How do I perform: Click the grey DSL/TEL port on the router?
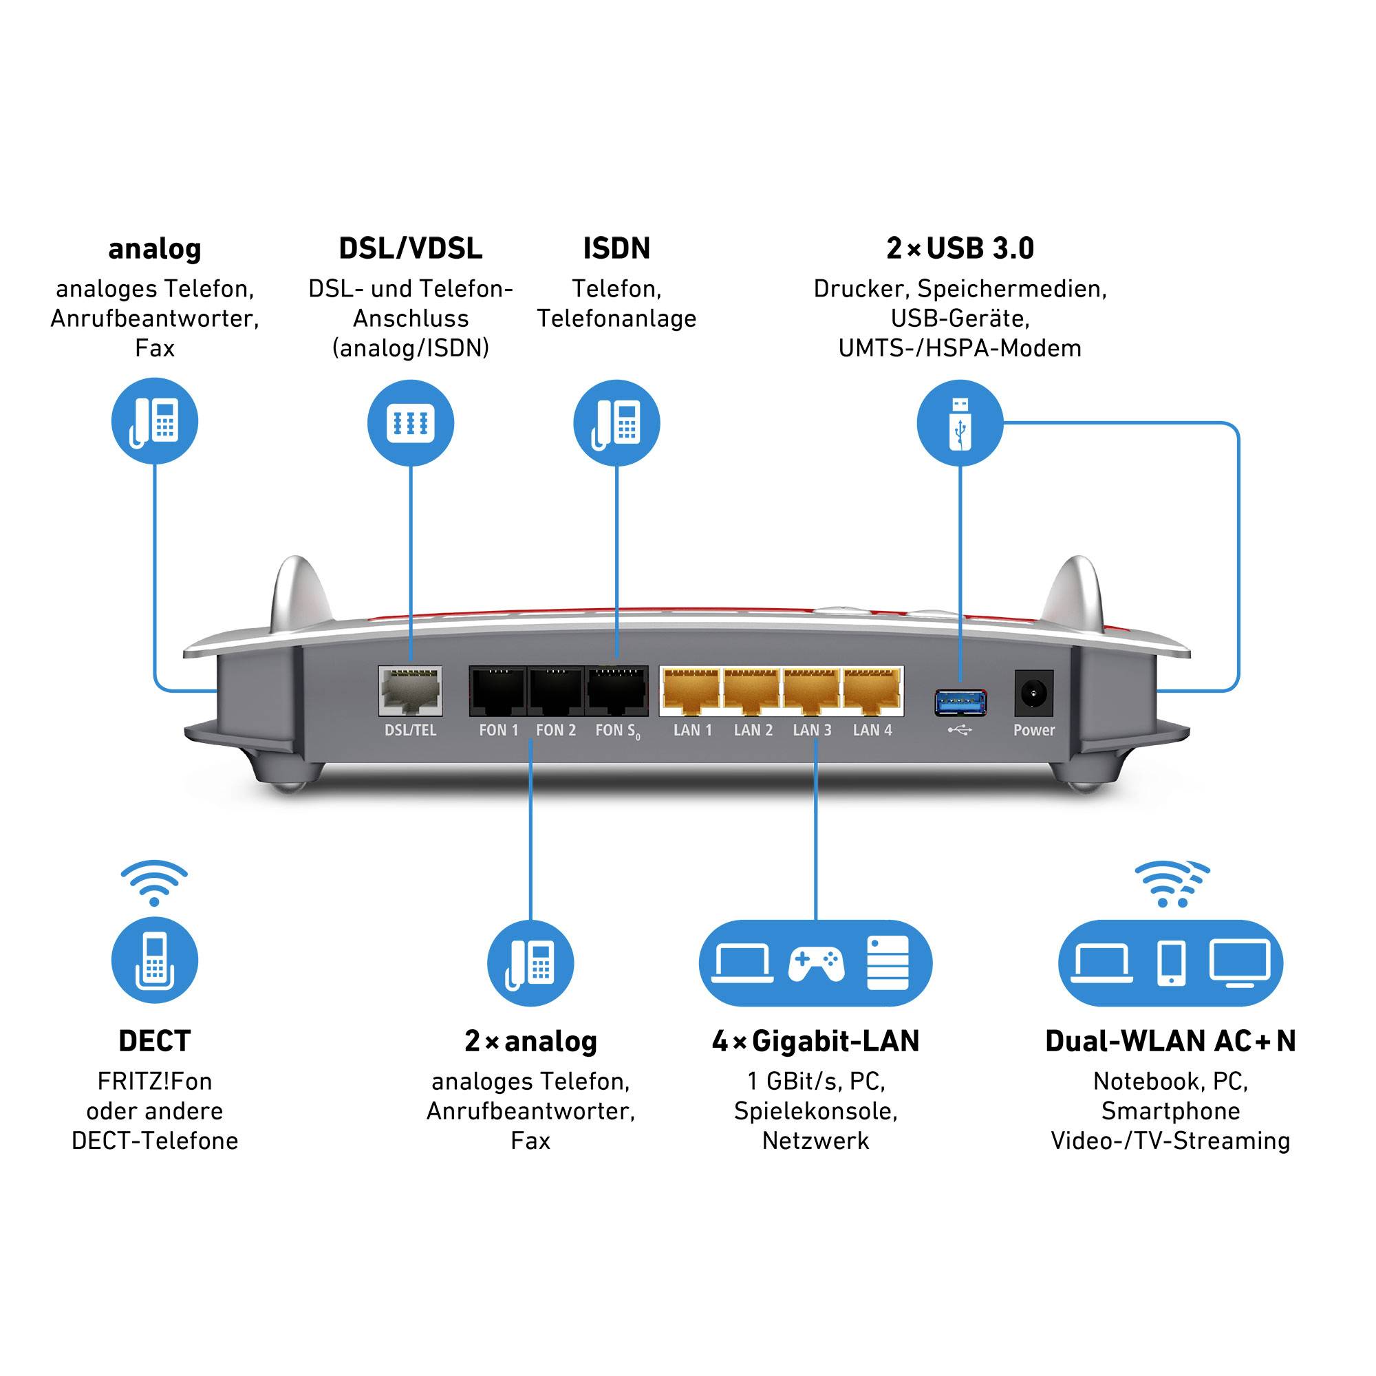(x=410, y=690)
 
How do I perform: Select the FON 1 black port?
(x=498, y=691)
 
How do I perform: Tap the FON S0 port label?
(x=616, y=731)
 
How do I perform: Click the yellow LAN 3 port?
(x=811, y=690)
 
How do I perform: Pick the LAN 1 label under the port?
(x=692, y=730)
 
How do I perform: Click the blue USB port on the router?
(x=960, y=702)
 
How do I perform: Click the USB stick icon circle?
(x=959, y=423)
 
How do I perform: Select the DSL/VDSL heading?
(x=410, y=248)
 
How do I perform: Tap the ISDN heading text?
(x=616, y=248)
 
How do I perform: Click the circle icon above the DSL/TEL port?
(x=410, y=423)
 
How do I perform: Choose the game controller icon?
(x=815, y=964)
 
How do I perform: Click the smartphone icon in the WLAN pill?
(x=1171, y=964)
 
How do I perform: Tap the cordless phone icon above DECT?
(x=155, y=960)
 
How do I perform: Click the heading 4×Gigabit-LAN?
(x=815, y=1041)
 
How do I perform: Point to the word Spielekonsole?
(x=815, y=1111)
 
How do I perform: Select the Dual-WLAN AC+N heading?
(x=1170, y=1041)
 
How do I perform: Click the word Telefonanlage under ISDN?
(x=616, y=319)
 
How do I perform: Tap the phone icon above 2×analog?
(x=530, y=963)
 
